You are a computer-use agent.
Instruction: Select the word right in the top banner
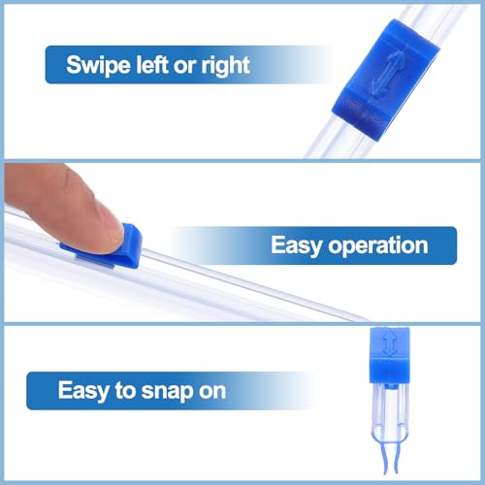point(224,66)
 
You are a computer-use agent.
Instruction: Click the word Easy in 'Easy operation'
point(299,245)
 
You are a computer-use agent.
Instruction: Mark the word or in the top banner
point(189,66)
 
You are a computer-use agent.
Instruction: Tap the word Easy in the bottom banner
point(82,391)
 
